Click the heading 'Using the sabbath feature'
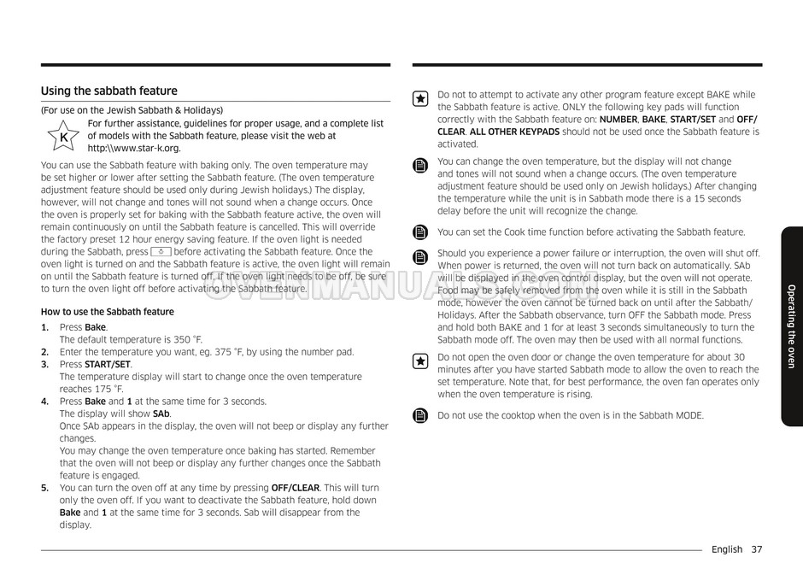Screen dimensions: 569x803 coord(109,91)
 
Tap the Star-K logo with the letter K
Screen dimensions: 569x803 coord(62,137)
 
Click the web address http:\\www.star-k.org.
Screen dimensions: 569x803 coord(134,148)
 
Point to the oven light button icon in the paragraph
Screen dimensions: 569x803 coord(161,252)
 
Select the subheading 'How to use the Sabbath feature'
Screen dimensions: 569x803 coord(107,312)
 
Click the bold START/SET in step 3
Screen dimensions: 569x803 coord(108,364)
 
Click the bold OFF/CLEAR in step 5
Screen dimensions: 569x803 coord(302,488)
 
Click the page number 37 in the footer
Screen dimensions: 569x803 coord(756,549)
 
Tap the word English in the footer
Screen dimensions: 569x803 coord(727,549)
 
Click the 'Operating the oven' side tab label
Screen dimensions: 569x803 coord(791,327)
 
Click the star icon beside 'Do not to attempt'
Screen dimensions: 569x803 coord(419,99)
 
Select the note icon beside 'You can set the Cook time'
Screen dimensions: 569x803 coord(419,232)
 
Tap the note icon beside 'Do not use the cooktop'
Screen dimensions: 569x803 coord(419,416)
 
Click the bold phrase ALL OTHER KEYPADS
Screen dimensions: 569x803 coord(514,132)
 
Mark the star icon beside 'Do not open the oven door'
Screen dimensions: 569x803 coord(419,361)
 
